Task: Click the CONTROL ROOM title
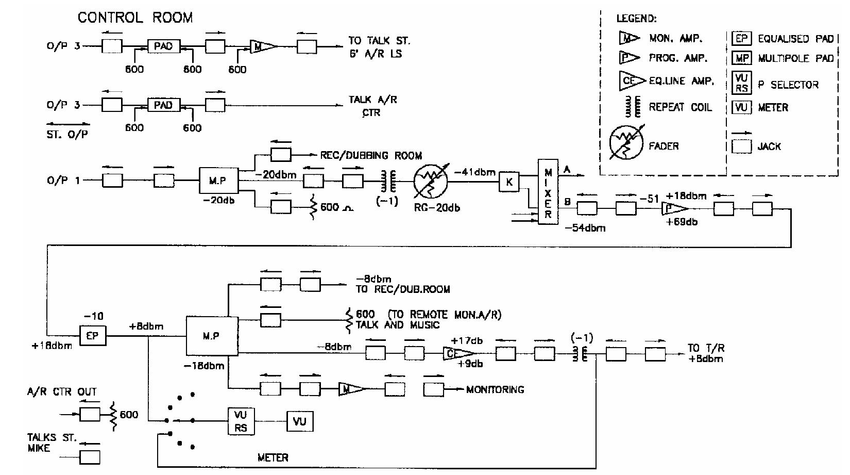coord(135,18)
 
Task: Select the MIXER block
coord(548,191)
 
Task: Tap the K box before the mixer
coord(509,182)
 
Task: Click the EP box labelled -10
coord(92,336)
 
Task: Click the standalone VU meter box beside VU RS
coord(300,421)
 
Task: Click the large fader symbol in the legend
coord(626,143)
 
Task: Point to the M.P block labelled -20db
coord(217,181)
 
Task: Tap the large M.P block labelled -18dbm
coord(212,336)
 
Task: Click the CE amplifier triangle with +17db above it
coord(458,353)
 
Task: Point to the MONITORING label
coord(495,390)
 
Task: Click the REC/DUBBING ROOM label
coord(371,155)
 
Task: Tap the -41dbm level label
coord(474,172)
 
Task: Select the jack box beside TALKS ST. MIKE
coord(90,457)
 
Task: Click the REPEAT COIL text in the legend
coord(680,107)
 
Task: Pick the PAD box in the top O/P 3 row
coord(163,46)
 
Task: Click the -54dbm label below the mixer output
coord(585,227)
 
